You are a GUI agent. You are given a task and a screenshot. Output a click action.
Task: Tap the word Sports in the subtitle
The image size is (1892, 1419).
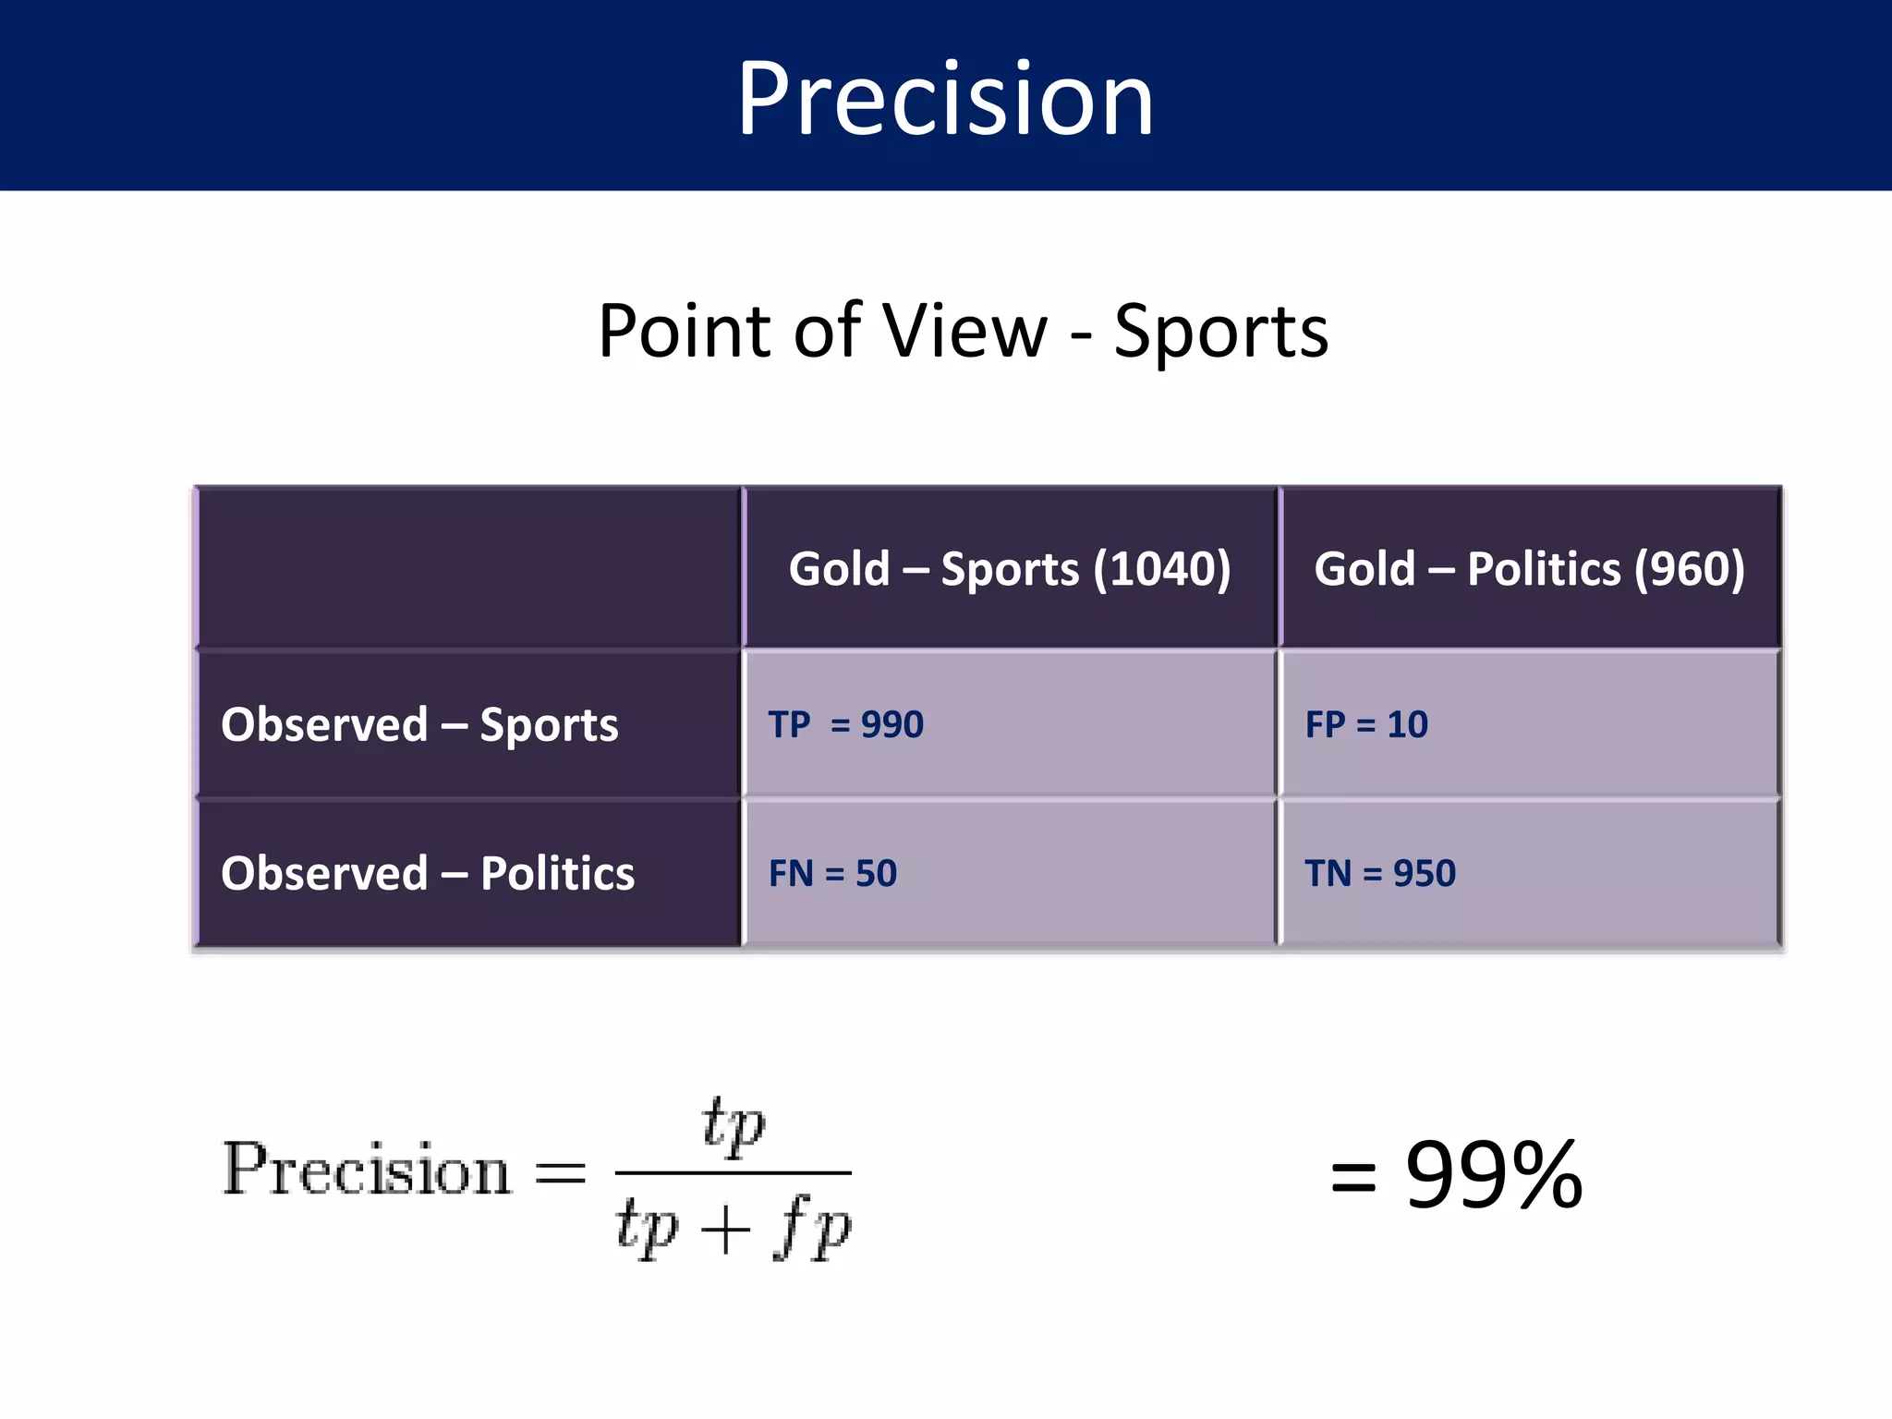(x=1220, y=332)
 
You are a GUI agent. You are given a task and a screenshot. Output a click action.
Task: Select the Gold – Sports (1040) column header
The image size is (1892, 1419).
(x=1009, y=568)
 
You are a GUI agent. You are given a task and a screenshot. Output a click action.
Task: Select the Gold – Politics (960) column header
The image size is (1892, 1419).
(x=1529, y=568)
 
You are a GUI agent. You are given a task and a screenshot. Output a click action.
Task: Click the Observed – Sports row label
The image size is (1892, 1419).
(x=419, y=724)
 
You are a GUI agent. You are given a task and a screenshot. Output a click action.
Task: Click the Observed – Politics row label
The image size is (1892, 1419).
(x=428, y=873)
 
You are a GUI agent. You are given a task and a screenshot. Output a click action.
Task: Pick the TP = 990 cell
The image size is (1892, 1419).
(x=845, y=724)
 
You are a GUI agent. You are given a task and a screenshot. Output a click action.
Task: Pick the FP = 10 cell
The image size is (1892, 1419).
(x=1366, y=724)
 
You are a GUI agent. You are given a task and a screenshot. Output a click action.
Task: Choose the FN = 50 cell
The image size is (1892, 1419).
(x=832, y=873)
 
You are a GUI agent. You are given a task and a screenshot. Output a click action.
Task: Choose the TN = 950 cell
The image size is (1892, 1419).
(x=1380, y=873)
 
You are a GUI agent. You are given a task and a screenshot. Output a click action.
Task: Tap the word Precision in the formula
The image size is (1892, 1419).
(x=367, y=1170)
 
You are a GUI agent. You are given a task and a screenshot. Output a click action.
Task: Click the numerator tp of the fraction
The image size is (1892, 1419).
(x=734, y=1125)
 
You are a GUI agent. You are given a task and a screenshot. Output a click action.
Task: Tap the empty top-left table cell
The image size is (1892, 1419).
(x=469, y=567)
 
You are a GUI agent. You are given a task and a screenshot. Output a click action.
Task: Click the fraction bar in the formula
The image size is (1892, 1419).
(x=733, y=1173)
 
